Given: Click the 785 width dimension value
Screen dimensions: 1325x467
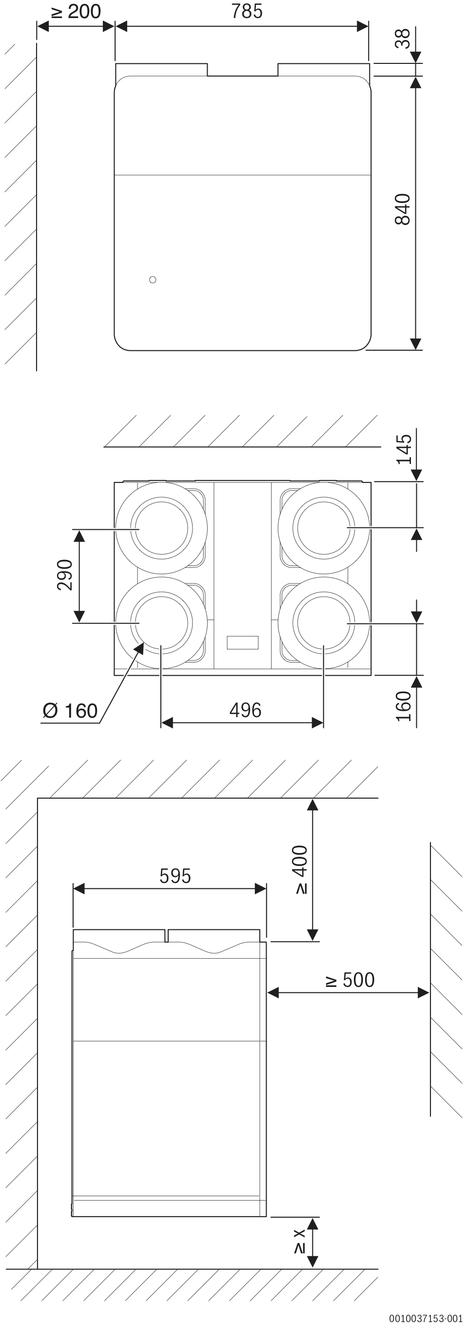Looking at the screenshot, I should coord(247,11).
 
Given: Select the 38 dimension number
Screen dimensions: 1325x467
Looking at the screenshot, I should coord(403,39).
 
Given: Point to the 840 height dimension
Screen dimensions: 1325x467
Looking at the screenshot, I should coord(403,209).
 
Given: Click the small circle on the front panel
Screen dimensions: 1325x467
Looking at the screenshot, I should coord(152,280).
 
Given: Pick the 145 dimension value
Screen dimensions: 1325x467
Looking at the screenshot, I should coord(404,449).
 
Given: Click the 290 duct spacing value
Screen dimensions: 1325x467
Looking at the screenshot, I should coord(65,575).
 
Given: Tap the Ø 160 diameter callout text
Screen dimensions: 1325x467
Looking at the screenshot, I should coord(70,711).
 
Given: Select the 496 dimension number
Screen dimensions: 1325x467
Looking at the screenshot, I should coord(245,710).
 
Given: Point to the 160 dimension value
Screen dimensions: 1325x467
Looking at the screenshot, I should coord(404,706).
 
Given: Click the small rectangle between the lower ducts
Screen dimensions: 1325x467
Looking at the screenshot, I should coord(242,642).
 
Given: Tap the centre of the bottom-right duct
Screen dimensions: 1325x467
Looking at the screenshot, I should coord(323,623).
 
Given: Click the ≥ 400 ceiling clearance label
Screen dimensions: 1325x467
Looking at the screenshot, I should coord(301,870).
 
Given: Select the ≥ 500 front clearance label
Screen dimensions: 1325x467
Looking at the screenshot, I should coord(350,981).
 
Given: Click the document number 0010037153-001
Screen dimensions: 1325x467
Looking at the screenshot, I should coord(426,1318).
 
